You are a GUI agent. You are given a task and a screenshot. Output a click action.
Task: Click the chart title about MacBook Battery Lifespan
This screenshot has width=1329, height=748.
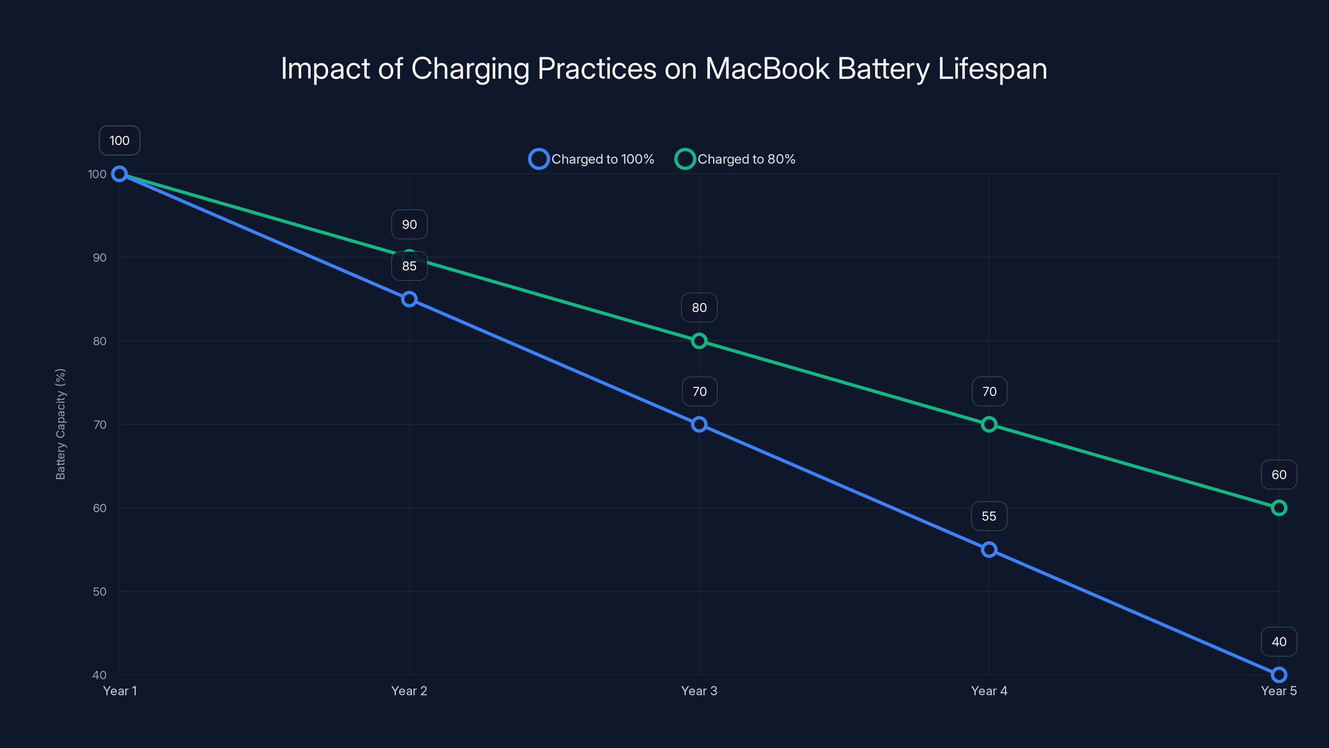point(664,69)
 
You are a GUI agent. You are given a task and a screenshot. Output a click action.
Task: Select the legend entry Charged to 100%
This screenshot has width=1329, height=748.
point(592,159)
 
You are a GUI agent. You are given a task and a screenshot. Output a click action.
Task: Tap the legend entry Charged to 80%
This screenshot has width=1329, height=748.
point(736,159)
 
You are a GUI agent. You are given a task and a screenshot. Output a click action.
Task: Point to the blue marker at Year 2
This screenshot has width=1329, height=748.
point(409,299)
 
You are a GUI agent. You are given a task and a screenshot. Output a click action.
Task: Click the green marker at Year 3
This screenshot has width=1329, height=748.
point(699,341)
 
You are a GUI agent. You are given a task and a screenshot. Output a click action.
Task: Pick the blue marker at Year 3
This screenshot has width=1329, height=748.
point(699,424)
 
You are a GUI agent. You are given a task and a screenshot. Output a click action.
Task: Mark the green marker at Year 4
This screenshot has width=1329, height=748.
point(989,424)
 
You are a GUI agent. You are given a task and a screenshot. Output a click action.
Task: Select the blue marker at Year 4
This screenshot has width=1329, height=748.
point(989,550)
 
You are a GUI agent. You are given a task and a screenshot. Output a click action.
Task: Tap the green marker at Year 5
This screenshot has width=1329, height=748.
point(1279,508)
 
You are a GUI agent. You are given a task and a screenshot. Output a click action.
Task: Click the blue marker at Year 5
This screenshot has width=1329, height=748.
point(1279,675)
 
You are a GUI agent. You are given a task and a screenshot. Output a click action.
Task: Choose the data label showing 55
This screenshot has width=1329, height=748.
point(989,516)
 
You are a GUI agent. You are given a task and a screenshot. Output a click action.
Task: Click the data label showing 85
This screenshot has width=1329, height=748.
point(409,266)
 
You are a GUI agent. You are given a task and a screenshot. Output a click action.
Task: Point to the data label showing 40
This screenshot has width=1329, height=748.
point(1279,642)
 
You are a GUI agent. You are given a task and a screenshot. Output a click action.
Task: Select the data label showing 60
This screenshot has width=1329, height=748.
point(1279,475)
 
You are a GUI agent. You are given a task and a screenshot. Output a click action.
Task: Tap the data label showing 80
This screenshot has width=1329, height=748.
point(699,308)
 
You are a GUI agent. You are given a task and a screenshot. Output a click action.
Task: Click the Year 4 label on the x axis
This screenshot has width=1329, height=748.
point(989,691)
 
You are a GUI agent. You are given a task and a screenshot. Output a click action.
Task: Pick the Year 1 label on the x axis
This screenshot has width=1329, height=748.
point(120,691)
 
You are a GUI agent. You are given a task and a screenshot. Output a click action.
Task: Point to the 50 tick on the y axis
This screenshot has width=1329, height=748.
point(100,592)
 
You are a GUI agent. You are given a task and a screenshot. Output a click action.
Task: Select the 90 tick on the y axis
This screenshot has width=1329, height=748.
point(100,258)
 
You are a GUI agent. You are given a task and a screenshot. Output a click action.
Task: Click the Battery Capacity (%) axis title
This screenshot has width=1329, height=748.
point(60,424)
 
